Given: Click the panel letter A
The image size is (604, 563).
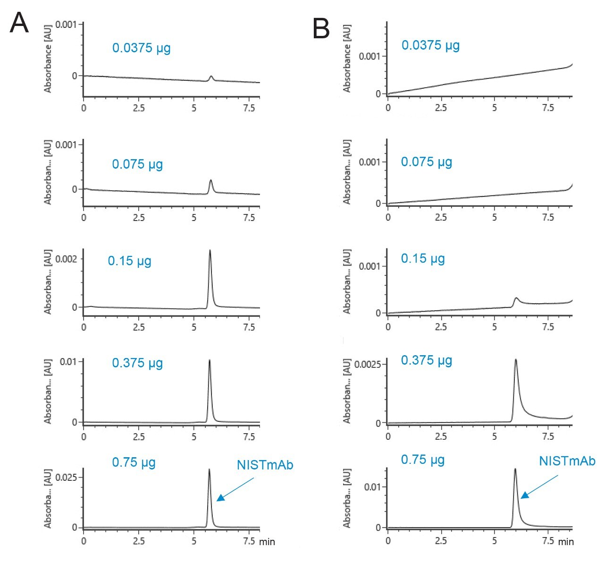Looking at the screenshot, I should click(x=19, y=22).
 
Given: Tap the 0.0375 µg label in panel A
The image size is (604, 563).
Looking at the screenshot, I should click(x=141, y=48).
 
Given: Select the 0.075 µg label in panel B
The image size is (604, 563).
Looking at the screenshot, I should click(x=426, y=162).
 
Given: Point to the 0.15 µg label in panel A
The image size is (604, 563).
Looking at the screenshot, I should click(x=129, y=261).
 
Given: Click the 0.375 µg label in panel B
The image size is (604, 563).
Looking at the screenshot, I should click(x=426, y=360).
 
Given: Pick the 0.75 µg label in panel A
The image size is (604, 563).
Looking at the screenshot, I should click(x=134, y=462).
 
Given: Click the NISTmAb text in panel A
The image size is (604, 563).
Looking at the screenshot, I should click(x=265, y=465).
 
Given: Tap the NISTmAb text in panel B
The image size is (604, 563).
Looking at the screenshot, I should click(x=567, y=461).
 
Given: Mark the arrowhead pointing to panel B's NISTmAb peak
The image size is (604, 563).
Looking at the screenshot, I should click(x=524, y=495).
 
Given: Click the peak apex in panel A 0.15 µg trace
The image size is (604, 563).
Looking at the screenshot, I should click(x=210, y=250).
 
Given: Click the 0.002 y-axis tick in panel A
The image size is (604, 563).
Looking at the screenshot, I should click(x=66, y=259).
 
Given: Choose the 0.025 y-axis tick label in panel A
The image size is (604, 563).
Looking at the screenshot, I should click(x=66, y=477).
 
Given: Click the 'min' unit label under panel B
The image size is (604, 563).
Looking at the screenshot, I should click(x=566, y=542).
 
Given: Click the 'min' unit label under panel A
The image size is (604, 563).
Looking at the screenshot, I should click(x=267, y=542).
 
